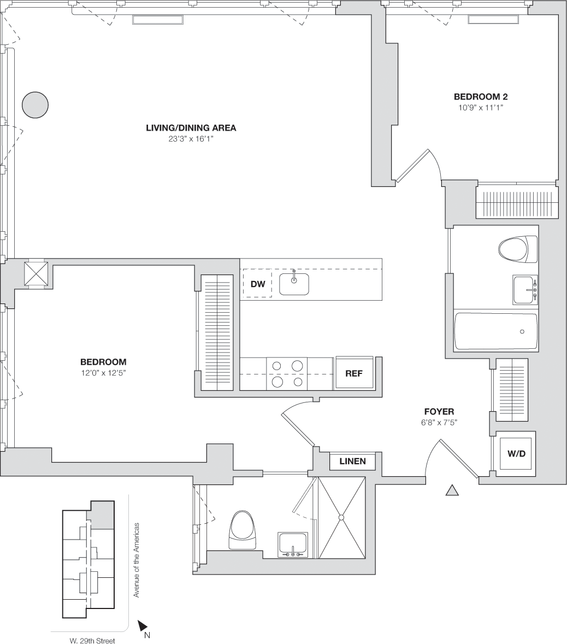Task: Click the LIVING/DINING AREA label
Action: click(x=191, y=128)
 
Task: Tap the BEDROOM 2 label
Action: click(x=481, y=97)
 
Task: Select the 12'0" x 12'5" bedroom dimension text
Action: click(x=103, y=373)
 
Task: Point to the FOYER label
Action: click(x=439, y=412)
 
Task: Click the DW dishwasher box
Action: click(x=257, y=284)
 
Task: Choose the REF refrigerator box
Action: click(x=354, y=373)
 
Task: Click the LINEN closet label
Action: click(x=352, y=461)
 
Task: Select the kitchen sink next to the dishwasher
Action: click(x=294, y=283)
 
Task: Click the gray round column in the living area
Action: click(x=36, y=104)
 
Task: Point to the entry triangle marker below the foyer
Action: click(x=452, y=490)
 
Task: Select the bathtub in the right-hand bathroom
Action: click(x=495, y=331)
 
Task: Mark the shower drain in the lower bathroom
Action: click(x=341, y=517)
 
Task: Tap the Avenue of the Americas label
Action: click(x=137, y=560)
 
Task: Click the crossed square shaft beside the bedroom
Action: click(x=36, y=273)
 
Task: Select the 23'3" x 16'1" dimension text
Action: click(x=191, y=139)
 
